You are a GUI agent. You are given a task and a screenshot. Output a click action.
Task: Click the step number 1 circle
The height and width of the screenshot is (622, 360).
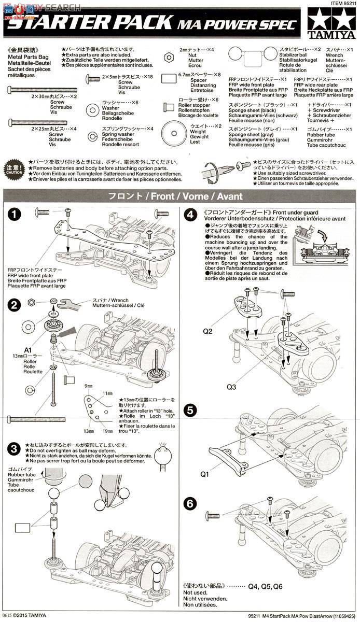pyautogui.click(x=16, y=214)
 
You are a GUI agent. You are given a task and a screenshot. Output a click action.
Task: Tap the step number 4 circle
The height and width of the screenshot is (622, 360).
pyautogui.click(x=191, y=214)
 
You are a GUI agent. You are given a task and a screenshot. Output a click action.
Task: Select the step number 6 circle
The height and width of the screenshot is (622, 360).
pyautogui.click(x=191, y=502)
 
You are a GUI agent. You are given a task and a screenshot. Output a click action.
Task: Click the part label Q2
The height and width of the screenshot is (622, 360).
pyautogui.click(x=209, y=330)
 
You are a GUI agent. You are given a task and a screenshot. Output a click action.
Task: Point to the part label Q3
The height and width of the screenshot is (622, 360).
pyautogui.click(x=231, y=386)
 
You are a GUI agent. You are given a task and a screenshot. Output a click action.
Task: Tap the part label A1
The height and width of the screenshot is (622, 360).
pyautogui.click(x=28, y=349)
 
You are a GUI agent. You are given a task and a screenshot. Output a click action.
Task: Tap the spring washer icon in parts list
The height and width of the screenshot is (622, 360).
pyautogui.click(x=92, y=136)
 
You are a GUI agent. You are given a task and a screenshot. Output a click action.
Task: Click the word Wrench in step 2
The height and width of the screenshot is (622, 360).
pyautogui.click(x=120, y=300)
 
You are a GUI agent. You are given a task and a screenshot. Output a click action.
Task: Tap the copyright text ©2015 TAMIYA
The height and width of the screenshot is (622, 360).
pyautogui.click(x=26, y=617)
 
